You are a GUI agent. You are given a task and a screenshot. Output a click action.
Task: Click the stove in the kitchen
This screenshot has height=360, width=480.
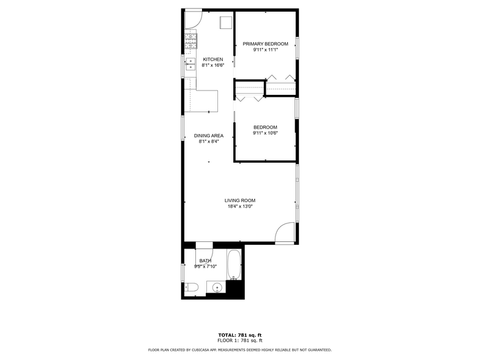[x=190, y=42]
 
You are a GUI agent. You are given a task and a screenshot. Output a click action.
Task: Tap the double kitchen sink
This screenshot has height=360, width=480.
[x=190, y=64]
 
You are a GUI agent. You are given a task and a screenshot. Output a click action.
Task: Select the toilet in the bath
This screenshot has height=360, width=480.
[x=190, y=287]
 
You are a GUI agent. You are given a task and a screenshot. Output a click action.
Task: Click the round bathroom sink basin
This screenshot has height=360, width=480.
[x=216, y=288]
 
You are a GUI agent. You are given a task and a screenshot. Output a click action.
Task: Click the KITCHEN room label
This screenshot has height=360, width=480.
[x=212, y=59]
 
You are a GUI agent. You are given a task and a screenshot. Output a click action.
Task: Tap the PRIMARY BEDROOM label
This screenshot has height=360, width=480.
[x=265, y=44]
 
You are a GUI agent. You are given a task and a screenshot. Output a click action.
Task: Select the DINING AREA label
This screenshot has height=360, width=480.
[x=209, y=135]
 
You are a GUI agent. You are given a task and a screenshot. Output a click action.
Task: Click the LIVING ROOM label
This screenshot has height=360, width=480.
[x=239, y=200]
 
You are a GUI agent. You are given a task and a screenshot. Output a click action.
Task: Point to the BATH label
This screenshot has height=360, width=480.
[x=205, y=260]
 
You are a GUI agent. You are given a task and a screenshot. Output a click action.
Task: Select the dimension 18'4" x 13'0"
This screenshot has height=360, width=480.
[x=239, y=206]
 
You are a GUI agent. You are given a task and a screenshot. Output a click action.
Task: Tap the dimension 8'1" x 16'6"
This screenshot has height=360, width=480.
[x=214, y=65]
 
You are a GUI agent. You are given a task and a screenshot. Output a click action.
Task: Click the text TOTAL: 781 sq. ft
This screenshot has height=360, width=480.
[x=240, y=335]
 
